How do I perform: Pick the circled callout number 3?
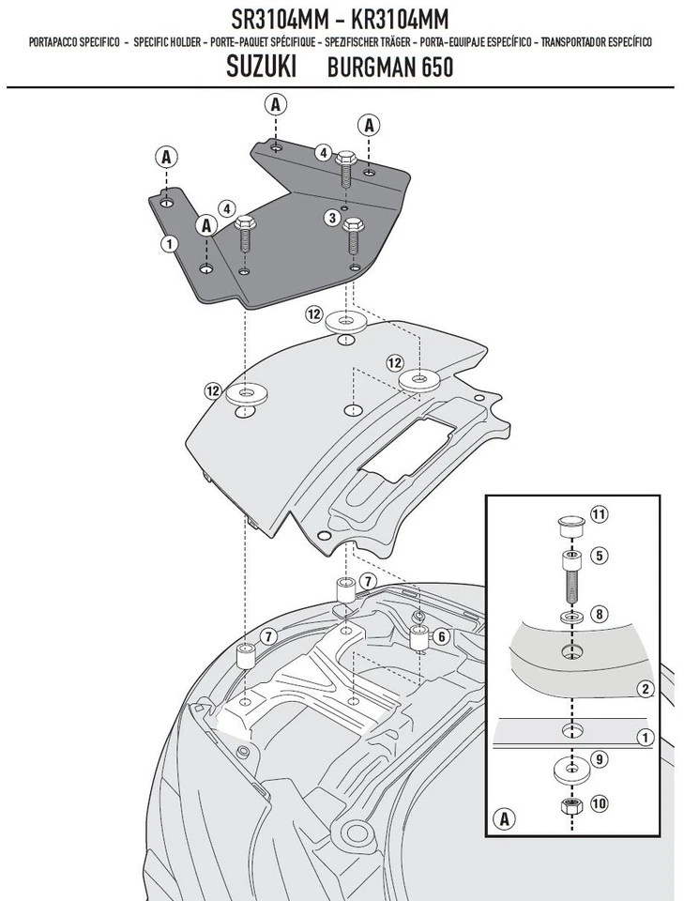[x=331, y=218]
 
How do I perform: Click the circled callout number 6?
[x=442, y=635]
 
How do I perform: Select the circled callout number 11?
[x=599, y=514]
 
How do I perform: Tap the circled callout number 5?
[x=599, y=555]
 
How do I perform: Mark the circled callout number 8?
[x=599, y=615]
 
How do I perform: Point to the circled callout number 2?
[x=645, y=690]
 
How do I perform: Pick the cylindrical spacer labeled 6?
[x=418, y=638]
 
